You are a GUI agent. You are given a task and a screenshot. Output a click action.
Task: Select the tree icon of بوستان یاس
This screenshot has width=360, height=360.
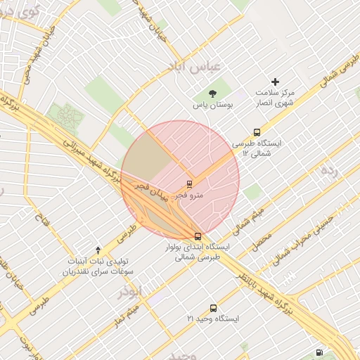pos(213,94)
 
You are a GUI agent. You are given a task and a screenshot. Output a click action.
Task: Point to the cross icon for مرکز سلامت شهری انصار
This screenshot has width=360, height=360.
pos(275,82)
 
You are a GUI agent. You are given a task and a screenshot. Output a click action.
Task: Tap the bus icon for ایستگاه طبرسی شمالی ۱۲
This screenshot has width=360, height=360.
pos(257,131)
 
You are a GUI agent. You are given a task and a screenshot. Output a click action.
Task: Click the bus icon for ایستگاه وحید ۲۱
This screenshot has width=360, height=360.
pos(214,308)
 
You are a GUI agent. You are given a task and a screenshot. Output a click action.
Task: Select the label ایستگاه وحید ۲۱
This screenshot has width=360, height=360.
pos(213,319)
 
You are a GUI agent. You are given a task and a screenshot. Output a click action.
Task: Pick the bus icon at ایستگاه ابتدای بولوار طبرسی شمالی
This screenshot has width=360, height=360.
pos(198,236)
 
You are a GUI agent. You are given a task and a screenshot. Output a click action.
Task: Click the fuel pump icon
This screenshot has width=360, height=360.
pos(320,352)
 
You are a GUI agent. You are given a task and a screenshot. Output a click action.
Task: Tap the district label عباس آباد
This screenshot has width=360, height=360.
pos(192,67)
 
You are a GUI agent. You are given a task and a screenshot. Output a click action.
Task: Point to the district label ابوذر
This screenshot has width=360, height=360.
pos(130,290)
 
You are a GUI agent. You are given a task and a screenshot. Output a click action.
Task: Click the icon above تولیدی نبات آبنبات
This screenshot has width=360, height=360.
pos(98,250)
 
